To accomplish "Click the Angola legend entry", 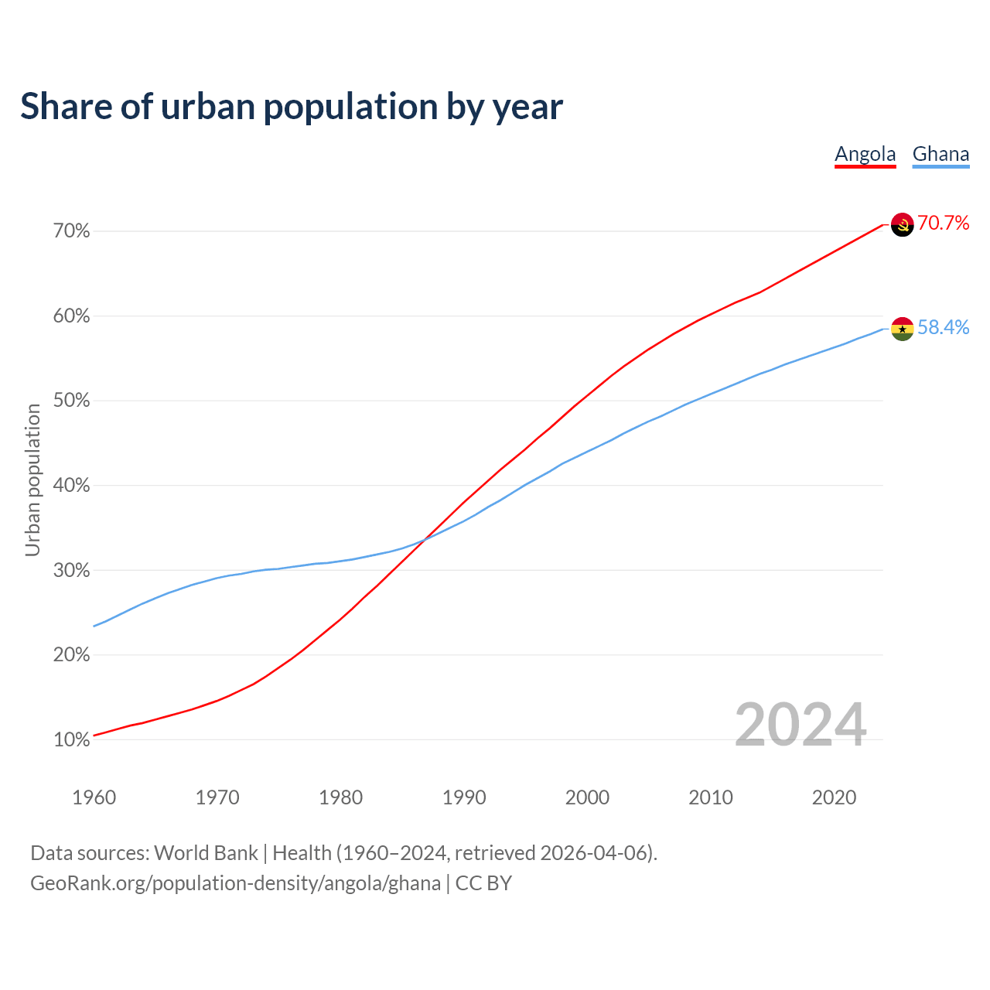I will (x=865, y=154).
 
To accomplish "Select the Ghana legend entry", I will (x=940, y=154).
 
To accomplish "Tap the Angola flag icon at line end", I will (x=903, y=224).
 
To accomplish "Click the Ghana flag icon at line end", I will (x=903, y=329).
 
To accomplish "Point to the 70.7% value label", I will (x=943, y=224).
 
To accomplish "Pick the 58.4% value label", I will (x=943, y=328).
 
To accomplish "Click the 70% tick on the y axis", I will (x=72, y=231).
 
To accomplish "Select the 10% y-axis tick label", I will (x=72, y=740).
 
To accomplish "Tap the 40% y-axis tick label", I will (x=72, y=486).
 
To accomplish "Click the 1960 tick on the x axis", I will (x=94, y=797).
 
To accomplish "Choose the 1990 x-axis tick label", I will (x=464, y=797).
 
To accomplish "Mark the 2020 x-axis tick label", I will (x=834, y=797).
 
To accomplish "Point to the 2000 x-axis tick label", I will (x=587, y=797).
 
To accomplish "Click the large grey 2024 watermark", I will (x=800, y=725).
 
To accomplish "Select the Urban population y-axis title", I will (x=32, y=480).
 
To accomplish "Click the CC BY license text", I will (x=483, y=883).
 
